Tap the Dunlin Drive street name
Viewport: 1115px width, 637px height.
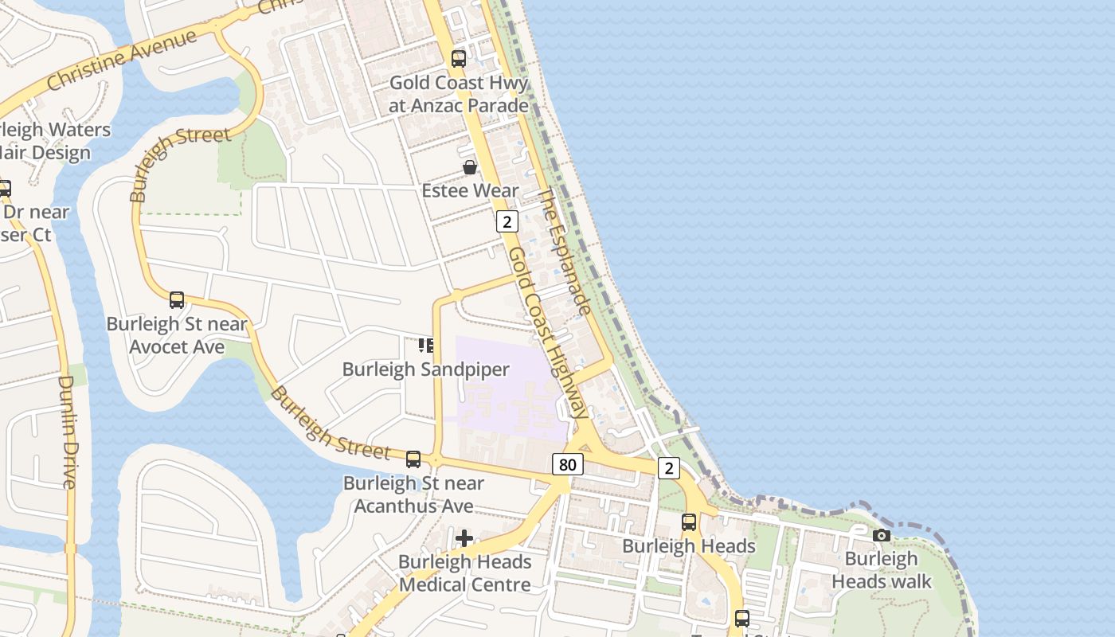(x=68, y=431)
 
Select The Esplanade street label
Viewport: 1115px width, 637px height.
(x=565, y=252)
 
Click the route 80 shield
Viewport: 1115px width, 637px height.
(x=566, y=464)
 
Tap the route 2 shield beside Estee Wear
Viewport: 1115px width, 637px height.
(x=507, y=221)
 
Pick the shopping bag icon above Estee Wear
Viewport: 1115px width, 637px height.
(x=470, y=167)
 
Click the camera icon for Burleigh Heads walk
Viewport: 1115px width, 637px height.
(x=881, y=535)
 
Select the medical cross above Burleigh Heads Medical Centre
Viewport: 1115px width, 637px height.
(x=464, y=538)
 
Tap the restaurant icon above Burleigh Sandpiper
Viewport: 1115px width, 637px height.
(x=426, y=346)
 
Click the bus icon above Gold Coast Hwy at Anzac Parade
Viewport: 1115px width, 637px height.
(x=458, y=58)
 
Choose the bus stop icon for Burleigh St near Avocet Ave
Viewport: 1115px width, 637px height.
(x=177, y=300)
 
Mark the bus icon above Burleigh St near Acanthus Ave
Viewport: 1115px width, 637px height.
(x=413, y=459)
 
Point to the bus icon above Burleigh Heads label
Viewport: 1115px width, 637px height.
(x=688, y=522)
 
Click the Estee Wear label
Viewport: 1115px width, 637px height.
(x=470, y=191)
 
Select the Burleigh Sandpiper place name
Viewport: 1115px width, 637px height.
(x=425, y=369)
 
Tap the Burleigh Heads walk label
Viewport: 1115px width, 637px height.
(x=881, y=570)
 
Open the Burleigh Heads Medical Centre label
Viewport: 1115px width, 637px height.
(x=464, y=573)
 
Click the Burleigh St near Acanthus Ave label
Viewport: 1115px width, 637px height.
(x=413, y=494)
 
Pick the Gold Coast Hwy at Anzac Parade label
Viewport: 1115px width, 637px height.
(x=458, y=94)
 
